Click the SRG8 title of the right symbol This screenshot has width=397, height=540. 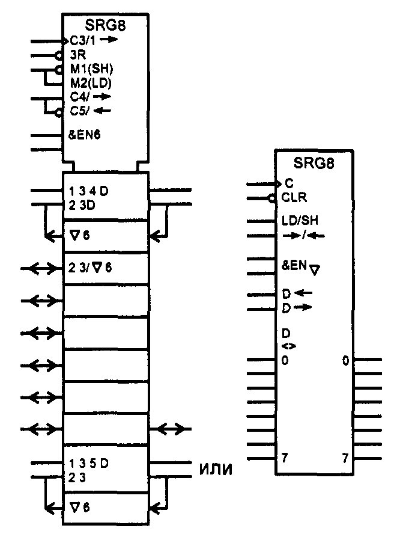point(314,163)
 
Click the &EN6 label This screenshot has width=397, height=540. point(85,135)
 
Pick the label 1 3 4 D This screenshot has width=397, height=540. point(89,192)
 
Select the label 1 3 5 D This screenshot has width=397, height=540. point(89,463)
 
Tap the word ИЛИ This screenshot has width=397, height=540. point(215,468)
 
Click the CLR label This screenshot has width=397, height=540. point(294,197)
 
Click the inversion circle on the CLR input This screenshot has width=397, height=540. point(273,197)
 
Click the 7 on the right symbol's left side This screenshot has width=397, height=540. point(285,458)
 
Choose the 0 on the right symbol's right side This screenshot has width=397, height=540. point(345,361)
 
